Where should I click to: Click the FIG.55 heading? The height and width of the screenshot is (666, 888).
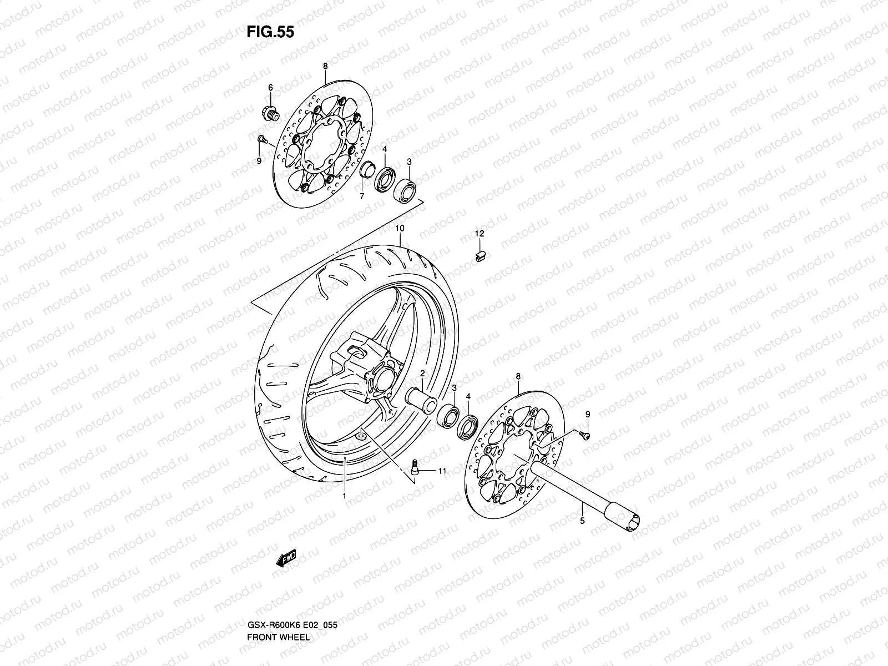point(270,32)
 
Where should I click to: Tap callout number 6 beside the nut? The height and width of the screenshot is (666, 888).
point(271,88)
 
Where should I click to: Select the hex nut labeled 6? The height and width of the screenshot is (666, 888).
point(270,113)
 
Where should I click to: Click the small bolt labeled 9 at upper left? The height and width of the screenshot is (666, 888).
point(261,139)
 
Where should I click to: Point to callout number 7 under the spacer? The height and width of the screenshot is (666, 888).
point(361,196)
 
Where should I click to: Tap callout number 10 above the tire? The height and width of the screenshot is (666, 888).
point(400,228)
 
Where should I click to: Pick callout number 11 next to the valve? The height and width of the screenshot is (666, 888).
point(442,472)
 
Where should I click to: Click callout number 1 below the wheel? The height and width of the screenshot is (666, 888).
point(344,496)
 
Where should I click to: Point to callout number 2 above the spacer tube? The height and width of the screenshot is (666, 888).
point(422,374)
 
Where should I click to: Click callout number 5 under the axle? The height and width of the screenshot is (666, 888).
point(582,521)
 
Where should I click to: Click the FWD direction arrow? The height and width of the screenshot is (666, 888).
point(286,558)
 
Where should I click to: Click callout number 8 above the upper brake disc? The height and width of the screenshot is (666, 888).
point(325,66)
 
